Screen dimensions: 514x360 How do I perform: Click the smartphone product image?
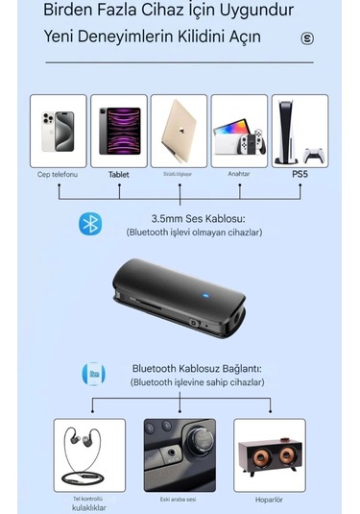[59, 131]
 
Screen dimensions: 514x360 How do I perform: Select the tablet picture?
[119, 131]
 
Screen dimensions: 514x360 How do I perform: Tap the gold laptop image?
[179, 131]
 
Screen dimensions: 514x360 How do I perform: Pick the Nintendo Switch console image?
[239, 131]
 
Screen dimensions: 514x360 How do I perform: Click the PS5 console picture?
[300, 131]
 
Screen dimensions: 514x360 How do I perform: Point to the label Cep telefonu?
[58, 174]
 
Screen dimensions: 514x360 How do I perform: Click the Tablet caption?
[119, 175]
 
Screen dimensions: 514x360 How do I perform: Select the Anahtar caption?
[239, 174]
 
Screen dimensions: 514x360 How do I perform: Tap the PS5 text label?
[300, 174]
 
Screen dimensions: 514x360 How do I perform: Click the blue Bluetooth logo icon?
[90, 224]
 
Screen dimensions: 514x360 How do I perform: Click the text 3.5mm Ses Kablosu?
[193, 218]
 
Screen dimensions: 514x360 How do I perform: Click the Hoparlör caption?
[270, 500]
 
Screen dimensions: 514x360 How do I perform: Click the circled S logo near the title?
[307, 39]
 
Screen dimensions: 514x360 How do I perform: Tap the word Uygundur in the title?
[253, 11]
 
